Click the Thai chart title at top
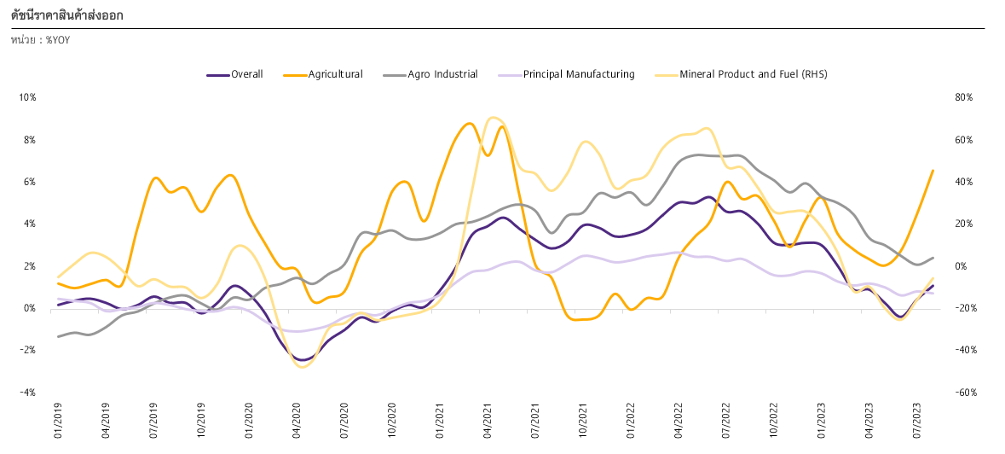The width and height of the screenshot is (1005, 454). [67, 15]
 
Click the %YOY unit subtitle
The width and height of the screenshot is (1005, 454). [40, 40]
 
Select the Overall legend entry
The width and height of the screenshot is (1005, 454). [234, 74]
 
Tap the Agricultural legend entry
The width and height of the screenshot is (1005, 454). [323, 74]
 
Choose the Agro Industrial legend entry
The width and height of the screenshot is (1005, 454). [430, 74]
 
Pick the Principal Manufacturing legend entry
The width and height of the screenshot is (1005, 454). [566, 74]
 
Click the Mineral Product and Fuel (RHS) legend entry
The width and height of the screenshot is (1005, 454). [741, 74]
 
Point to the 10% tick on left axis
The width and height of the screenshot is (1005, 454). [28, 97]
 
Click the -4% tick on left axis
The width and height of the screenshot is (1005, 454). [29, 393]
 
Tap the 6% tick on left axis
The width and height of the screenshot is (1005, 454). [30, 182]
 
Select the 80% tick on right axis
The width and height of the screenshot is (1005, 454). [964, 97]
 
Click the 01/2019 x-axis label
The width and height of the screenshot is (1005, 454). [58, 421]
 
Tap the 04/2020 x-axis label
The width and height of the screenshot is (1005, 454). [297, 421]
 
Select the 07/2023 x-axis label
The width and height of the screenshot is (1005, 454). [917, 421]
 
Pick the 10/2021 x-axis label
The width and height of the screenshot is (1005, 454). [583, 421]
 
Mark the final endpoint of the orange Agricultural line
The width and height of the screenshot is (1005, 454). [933, 170]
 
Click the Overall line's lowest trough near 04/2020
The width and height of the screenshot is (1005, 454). [303, 360]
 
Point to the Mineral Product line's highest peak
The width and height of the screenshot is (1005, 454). [492, 118]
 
